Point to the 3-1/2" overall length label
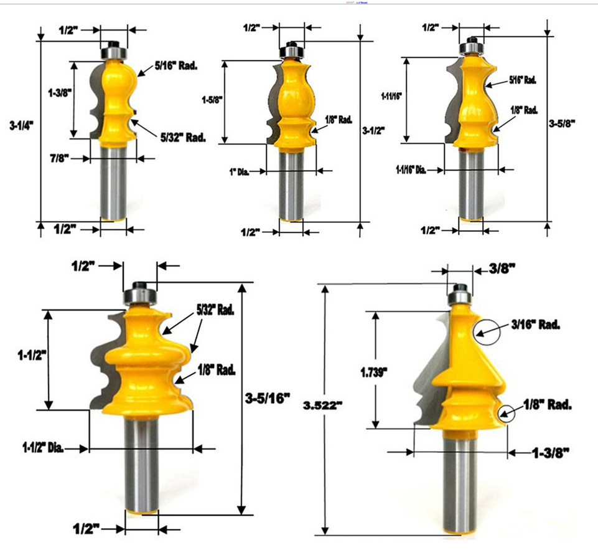point(373,130)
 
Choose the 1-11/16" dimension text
point(391,96)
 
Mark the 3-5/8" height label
point(563,123)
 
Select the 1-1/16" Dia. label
point(412,169)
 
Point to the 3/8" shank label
point(502,268)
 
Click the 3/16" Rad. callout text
point(536,325)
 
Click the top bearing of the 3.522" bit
point(460,291)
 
